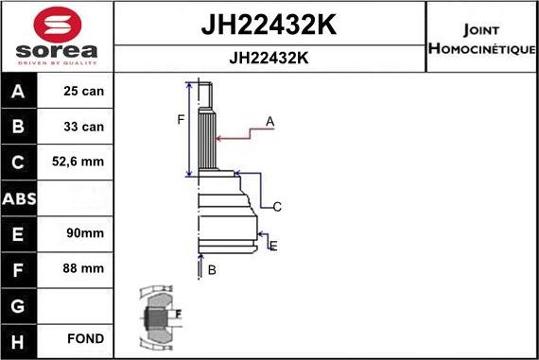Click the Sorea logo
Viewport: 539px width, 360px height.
point(57,37)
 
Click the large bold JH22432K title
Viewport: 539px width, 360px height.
point(269,25)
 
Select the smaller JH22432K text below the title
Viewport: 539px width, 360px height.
point(269,58)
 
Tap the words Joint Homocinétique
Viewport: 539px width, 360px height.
point(481,38)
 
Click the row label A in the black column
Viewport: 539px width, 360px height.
point(20,92)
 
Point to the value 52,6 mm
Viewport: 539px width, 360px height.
point(78,163)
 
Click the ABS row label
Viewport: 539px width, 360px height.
point(20,197)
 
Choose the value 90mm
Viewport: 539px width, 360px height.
point(78,232)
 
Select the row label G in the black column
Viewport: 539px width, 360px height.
point(20,303)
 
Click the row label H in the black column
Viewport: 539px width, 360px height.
point(20,338)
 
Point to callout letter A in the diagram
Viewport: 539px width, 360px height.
point(269,121)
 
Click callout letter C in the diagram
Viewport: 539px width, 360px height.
point(277,206)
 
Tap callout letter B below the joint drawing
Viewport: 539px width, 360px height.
point(212,270)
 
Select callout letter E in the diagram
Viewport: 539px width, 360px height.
point(272,246)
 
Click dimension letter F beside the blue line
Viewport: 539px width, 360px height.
point(179,118)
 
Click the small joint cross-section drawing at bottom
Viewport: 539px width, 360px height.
point(157,316)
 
